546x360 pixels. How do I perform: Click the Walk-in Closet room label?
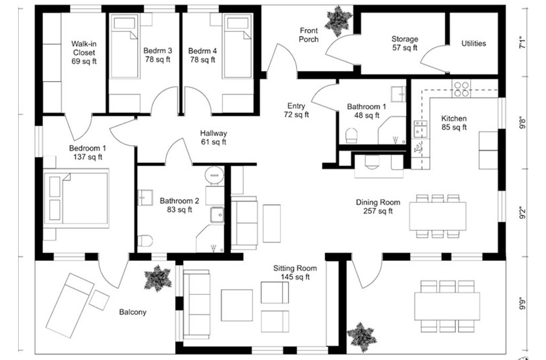[x=84, y=53]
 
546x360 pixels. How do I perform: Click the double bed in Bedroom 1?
[x=76, y=198]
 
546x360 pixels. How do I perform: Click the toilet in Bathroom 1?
[x=351, y=135]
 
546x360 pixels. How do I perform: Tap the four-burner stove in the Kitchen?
[x=461, y=89]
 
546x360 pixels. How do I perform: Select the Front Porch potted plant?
[x=338, y=21]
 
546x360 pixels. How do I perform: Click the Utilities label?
[x=473, y=44]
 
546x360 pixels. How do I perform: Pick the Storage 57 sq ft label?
[x=405, y=44]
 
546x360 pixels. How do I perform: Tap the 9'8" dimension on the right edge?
[x=523, y=123]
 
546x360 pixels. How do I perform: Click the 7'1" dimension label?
[x=523, y=42]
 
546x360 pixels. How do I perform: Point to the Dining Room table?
[x=438, y=216]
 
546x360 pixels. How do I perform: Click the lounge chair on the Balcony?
[x=70, y=306]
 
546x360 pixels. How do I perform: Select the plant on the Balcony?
[x=158, y=278]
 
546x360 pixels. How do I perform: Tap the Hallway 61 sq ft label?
[x=213, y=138]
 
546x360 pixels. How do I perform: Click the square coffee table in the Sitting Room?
[x=237, y=305]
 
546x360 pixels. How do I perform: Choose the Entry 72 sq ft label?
[x=296, y=110]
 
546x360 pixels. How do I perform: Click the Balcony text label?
[x=133, y=313]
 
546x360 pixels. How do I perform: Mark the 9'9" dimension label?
[x=523, y=303]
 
